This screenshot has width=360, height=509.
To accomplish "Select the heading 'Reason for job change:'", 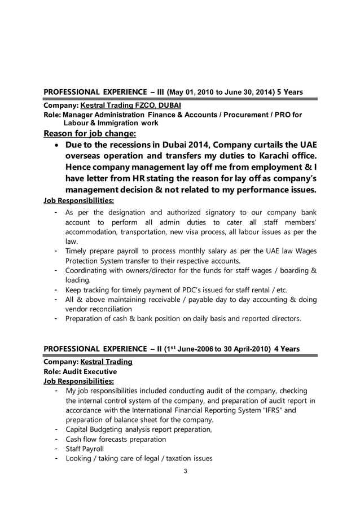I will [90, 134].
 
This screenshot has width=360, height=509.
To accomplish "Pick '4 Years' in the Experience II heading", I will [287, 348].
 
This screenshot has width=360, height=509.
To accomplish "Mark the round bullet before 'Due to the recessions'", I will [56, 145].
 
